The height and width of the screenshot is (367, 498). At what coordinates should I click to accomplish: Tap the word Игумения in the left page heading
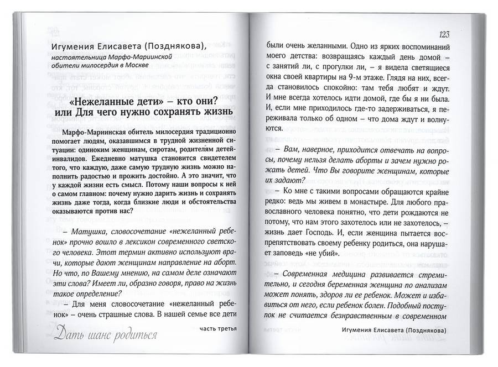click(x=78, y=45)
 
